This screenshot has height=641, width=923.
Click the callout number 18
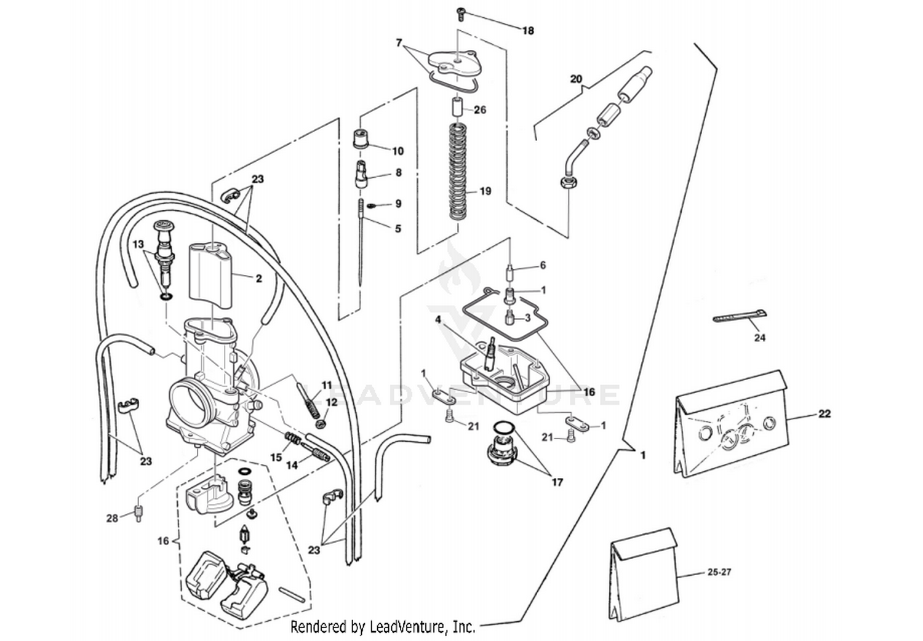pyautogui.click(x=528, y=31)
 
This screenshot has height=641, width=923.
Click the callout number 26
pyautogui.click(x=480, y=110)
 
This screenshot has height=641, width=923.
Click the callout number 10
pyautogui.click(x=398, y=151)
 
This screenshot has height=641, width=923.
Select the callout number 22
pyautogui.click(x=825, y=413)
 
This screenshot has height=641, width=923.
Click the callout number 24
pyautogui.click(x=759, y=338)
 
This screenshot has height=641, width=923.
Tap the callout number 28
pyautogui.click(x=111, y=519)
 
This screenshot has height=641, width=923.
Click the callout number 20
pyautogui.click(x=575, y=79)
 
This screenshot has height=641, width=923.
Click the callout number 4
pyautogui.click(x=438, y=320)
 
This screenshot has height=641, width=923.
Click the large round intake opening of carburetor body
pyautogui.click(x=191, y=404)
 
